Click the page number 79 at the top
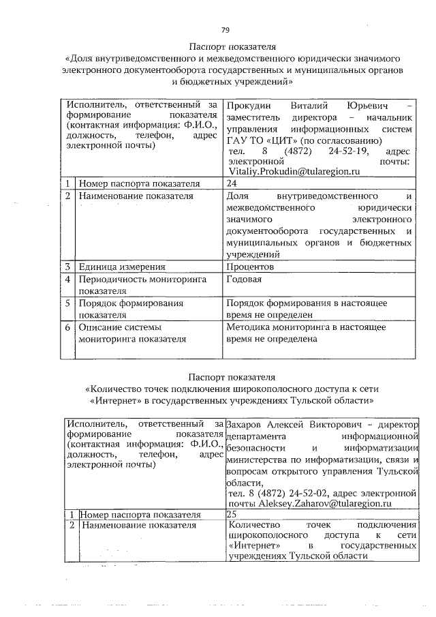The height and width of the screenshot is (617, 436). pyautogui.click(x=225, y=29)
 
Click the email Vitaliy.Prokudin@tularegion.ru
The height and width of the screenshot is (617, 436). pyautogui.click(x=294, y=172)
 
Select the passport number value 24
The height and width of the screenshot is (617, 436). pyautogui.click(x=232, y=183)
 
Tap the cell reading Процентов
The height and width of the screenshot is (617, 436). pyautogui.click(x=250, y=267)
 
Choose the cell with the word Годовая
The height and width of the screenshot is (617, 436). pyautogui.click(x=244, y=280)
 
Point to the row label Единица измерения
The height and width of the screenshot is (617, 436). pyautogui.click(x=123, y=267)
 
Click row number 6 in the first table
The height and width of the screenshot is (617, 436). pyautogui.click(x=69, y=327)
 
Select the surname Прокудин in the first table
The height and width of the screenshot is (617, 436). pyautogui.click(x=248, y=106)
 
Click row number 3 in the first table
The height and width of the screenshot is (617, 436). pyautogui.click(x=69, y=267)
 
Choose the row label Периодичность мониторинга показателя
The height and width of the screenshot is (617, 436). pyautogui.click(x=129, y=285)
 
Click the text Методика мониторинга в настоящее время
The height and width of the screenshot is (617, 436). pyautogui.click(x=306, y=333)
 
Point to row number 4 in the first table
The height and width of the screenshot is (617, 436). pyautogui.click(x=69, y=280)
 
